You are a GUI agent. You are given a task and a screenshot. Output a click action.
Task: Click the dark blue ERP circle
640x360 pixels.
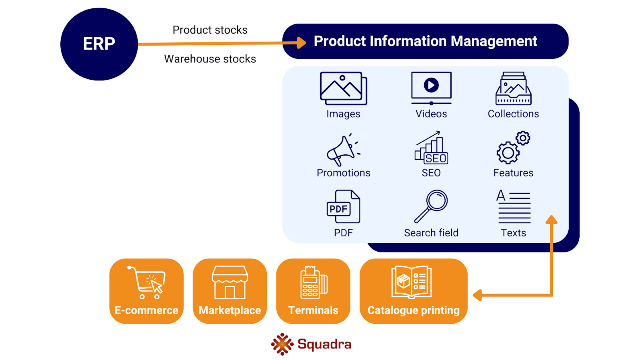click(99, 44)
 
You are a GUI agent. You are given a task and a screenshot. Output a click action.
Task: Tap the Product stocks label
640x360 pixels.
click(210, 30)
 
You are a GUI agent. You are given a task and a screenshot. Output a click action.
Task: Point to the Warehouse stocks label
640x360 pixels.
click(210, 59)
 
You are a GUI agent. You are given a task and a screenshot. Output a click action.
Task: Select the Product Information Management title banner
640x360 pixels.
click(425, 41)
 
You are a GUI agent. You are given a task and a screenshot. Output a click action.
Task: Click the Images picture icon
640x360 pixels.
click(343, 88)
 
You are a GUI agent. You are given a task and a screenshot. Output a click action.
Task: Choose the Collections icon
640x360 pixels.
click(513, 89)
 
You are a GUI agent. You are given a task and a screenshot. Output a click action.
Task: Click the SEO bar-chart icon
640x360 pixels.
click(431, 148)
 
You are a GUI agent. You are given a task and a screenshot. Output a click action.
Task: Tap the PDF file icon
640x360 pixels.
click(343, 207)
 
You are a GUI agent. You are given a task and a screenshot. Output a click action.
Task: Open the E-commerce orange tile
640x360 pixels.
click(146, 291)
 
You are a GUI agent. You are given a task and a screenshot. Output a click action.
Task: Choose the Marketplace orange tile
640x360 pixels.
click(230, 291)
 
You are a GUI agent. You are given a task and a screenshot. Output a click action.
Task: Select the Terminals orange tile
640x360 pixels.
click(313, 291)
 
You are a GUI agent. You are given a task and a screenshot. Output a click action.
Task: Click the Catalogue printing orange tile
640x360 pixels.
click(413, 291)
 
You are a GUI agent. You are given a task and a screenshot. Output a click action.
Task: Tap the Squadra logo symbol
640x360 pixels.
click(282, 344)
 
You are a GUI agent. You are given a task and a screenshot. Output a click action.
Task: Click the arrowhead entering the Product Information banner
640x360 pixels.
click(301, 42)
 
